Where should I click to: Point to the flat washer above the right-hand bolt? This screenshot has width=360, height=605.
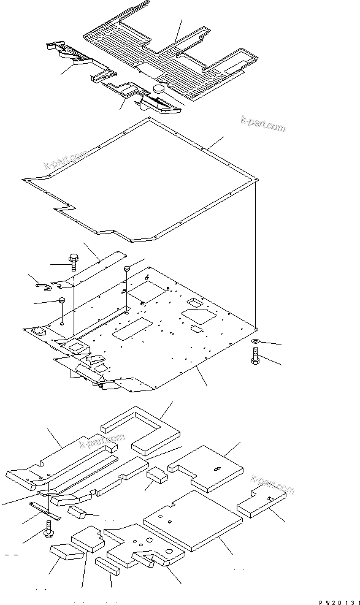click(x=255, y=340)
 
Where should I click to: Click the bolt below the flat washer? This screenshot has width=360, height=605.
click(x=255, y=356)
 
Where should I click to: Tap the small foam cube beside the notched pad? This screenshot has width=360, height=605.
click(x=156, y=477)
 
